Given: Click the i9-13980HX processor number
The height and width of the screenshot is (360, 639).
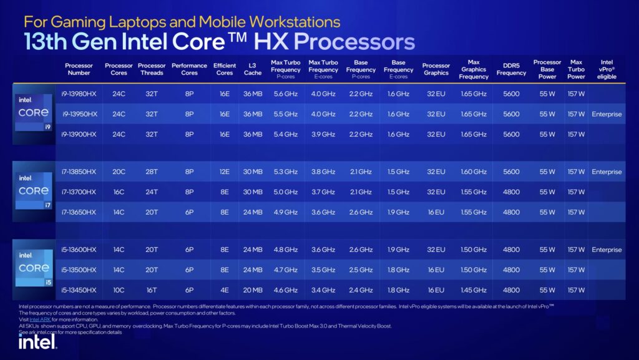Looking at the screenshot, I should click(x=79, y=94).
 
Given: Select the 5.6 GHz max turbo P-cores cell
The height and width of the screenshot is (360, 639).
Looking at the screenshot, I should click(x=285, y=94).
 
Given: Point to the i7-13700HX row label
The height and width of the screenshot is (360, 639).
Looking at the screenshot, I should click(x=79, y=192).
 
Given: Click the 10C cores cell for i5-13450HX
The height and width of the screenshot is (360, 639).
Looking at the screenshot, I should click(x=119, y=290).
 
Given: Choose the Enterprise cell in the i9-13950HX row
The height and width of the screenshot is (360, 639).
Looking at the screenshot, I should click(x=607, y=114).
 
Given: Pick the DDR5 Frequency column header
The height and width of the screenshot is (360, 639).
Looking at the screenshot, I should click(x=511, y=69).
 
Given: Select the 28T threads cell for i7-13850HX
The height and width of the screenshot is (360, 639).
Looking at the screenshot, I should click(x=152, y=172).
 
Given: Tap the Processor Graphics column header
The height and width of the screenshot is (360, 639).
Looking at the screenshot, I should click(x=436, y=69).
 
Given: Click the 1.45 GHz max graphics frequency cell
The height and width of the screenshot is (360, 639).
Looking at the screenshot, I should click(x=474, y=290).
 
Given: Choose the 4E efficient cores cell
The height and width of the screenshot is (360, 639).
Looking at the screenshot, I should click(x=224, y=290).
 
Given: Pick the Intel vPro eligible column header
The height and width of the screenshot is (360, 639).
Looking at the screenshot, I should click(x=607, y=69).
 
